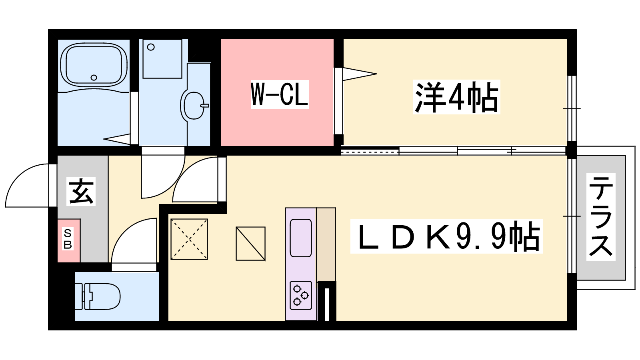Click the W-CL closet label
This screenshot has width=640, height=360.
pos(280,94)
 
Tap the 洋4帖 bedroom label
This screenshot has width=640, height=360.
pos(456,97)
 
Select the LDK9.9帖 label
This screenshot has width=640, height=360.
pos(446,236)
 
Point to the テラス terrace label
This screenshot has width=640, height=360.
pos(600,217)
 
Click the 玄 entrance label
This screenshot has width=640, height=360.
pos(81,191)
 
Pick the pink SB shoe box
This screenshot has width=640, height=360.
pos(68,240)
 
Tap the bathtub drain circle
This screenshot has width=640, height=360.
pos(94,78)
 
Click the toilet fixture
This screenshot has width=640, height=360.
pos(98,296)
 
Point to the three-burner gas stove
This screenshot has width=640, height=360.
pos(300,296)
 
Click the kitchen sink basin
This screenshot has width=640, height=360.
pos(300,238)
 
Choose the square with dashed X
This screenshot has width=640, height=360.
pos(189,239)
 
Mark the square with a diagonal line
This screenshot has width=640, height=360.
pos(250,244)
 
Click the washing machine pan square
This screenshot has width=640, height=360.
pos(162,59)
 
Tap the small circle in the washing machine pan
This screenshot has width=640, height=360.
pos(151,47)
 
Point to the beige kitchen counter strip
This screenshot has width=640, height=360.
pos(326,244)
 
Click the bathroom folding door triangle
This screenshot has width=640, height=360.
pos(117,139)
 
